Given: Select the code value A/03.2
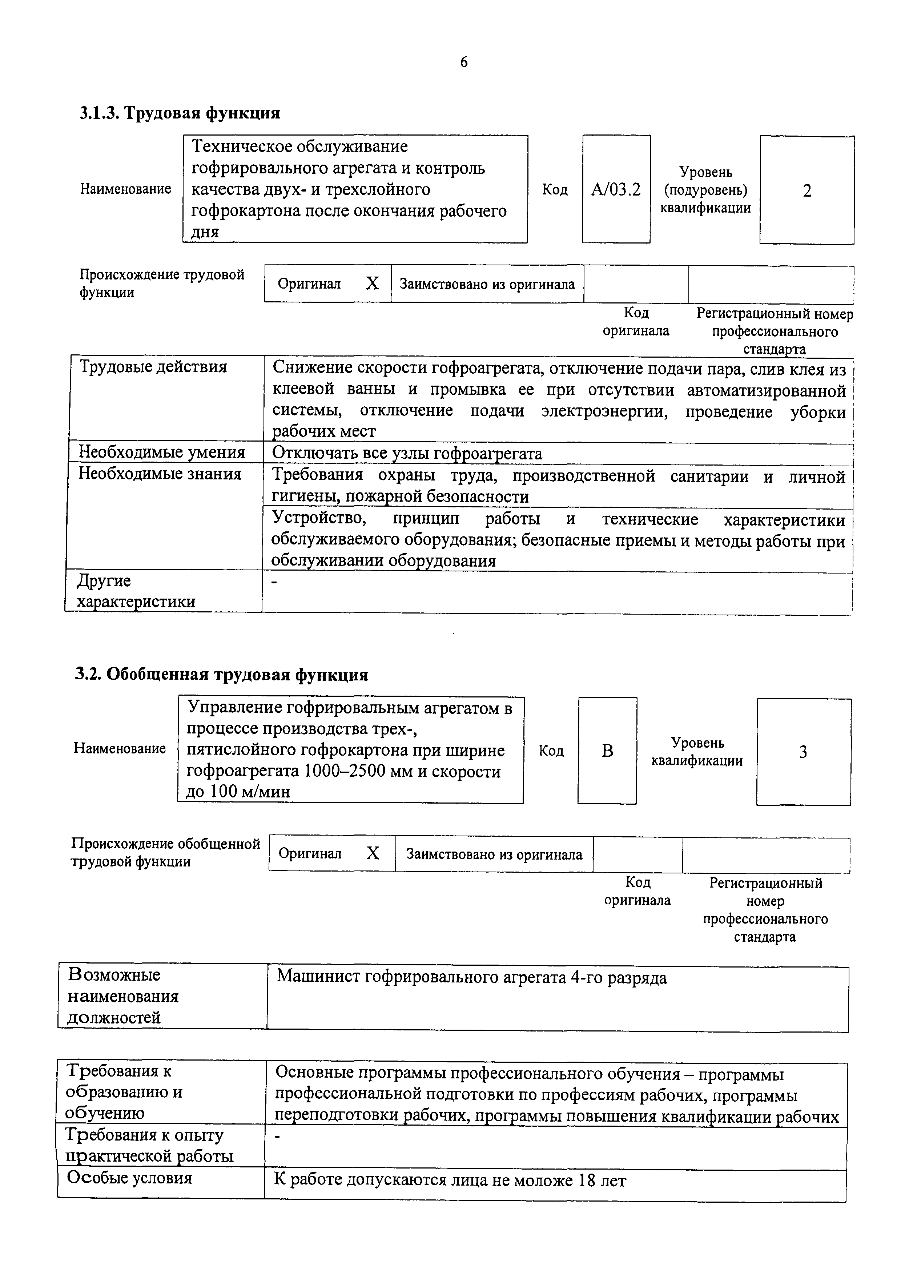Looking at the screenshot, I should coord(616,190).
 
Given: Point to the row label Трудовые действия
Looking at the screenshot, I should coord(153,367).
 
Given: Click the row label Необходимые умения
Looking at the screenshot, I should coord(161,452).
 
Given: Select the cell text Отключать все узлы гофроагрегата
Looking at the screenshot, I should coord(407,454).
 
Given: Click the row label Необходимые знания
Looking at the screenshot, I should coord(160,474).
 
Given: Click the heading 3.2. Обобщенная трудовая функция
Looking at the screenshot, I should coord(221,674).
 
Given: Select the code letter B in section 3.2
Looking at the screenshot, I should coord(607,751).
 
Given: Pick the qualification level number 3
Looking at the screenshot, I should coord(803,752).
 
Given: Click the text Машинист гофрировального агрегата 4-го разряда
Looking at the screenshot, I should coord(471,977).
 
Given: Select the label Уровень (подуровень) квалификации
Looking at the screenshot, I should coord(705,190).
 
